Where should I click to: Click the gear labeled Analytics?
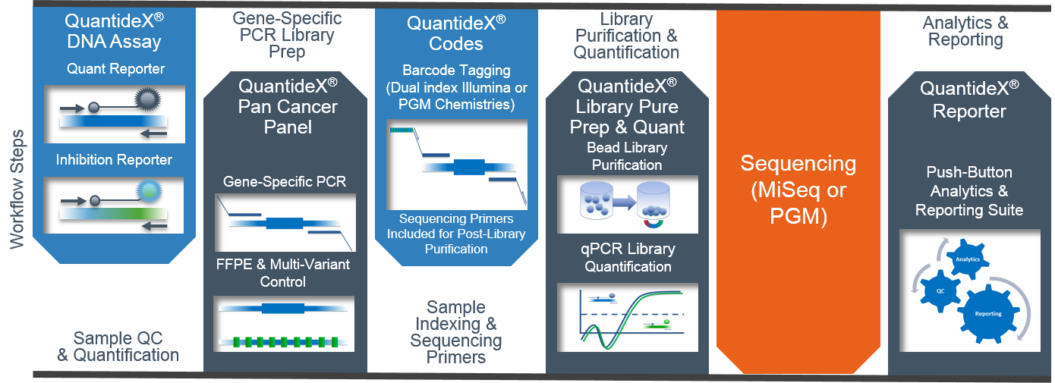point(968,259)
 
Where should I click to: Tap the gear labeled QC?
point(940,291)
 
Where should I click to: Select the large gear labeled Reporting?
point(988,314)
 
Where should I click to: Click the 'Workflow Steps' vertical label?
point(17,189)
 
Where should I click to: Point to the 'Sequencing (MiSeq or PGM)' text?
point(798,190)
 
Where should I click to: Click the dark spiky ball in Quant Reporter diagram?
point(147,99)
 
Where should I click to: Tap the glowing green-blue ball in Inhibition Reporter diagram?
point(150,190)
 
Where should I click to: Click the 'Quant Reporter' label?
point(116,69)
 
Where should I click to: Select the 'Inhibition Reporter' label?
point(114,160)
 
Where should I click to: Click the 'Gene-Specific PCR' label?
point(285,181)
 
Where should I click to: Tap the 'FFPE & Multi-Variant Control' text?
point(282,273)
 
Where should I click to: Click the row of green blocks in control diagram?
point(285,342)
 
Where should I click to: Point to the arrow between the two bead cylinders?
point(625,202)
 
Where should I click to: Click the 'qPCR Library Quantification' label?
point(628,257)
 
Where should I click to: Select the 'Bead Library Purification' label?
point(627,156)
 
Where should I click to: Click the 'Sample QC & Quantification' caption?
point(118,347)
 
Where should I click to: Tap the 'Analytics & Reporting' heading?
point(965,31)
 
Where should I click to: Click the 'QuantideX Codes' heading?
point(456,33)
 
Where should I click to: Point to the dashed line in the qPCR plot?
point(632,314)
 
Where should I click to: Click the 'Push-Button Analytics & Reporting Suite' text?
point(969,191)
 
